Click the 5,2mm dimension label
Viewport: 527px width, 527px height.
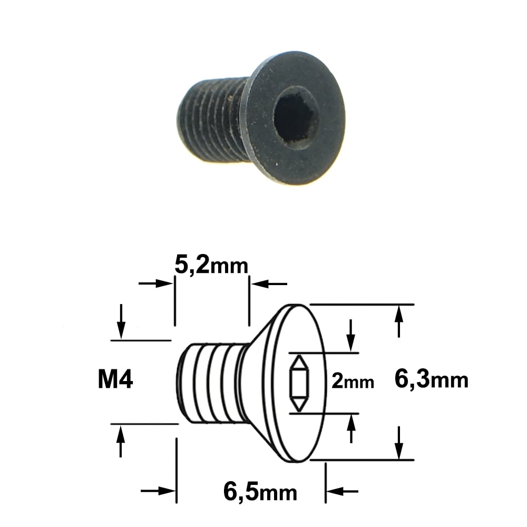[x=211, y=267]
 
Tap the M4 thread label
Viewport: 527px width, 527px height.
[x=115, y=380]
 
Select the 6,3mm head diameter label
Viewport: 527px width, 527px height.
[x=431, y=380]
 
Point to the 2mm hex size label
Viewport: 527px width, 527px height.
[x=353, y=382]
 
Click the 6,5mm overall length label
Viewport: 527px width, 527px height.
[x=260, y=493]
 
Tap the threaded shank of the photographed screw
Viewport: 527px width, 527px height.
[x=212, y=119]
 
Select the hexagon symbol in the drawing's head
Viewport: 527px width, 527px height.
[x=299, y=384]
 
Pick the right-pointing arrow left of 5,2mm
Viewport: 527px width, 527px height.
[x=156, y=284]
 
